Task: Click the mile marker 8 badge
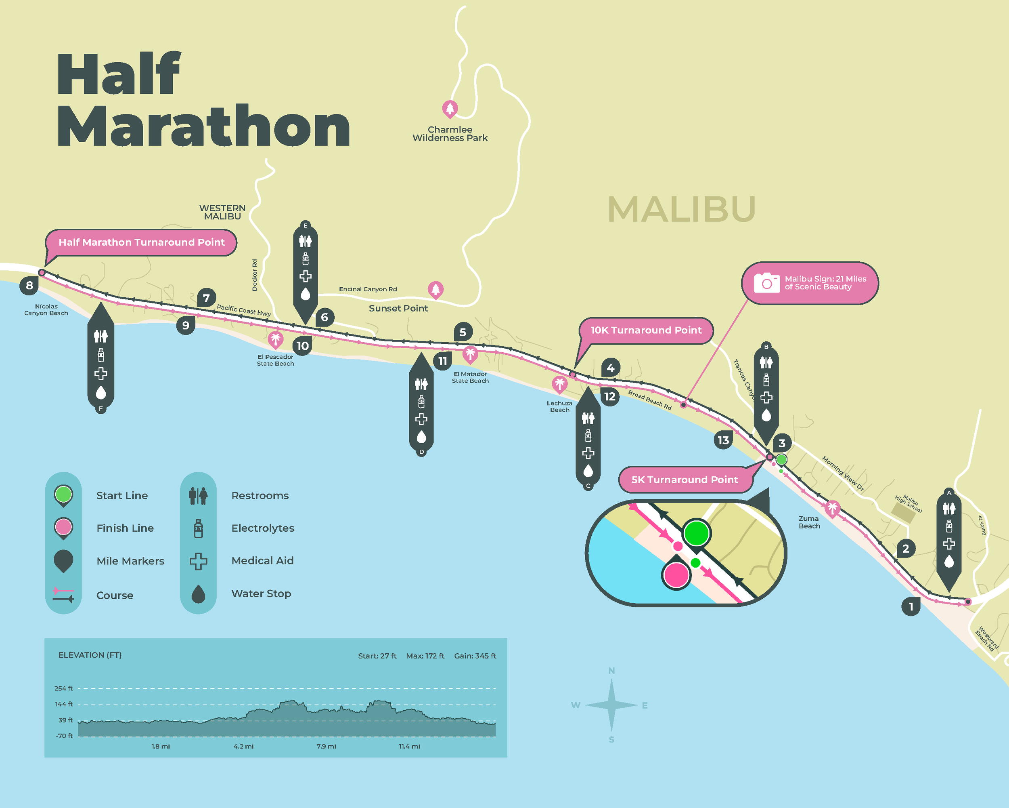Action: click(29, 285)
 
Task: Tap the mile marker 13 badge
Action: click(723, 440)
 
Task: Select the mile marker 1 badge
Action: click(911, 606)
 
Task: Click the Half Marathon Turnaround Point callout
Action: click(141, 242)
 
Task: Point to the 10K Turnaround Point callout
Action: click(646, 330)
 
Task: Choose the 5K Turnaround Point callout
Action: click(684, 480)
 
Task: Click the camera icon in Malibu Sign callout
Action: click(766, 283)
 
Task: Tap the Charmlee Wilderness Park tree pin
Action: click(450, 109)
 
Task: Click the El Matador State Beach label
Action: click(470, 377)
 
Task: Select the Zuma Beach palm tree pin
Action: click(832, 508)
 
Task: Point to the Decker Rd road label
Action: click(255, 275)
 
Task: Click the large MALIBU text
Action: click(681, 209)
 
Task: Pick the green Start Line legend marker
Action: click(63, 494)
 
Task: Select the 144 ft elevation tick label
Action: click(64, 704)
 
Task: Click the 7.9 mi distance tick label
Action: click(326, 746)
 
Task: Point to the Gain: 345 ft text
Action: click(475, 656)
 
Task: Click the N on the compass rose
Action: click(611, 671)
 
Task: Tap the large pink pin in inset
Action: click(676, 575)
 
